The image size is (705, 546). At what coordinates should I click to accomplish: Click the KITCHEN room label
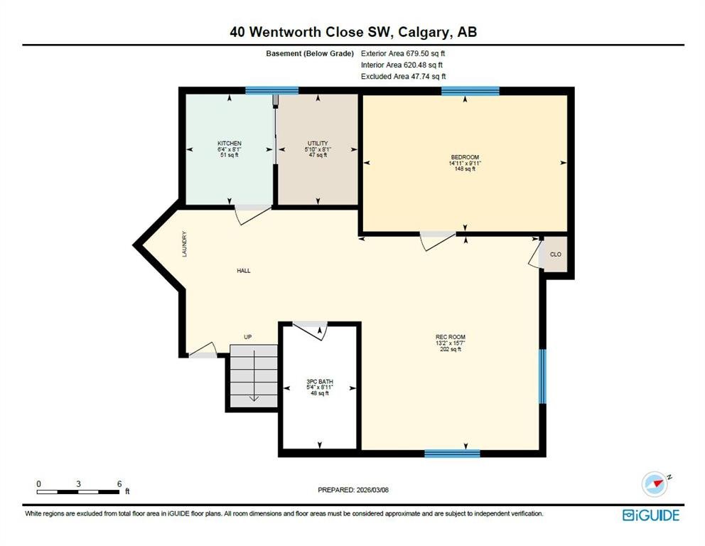tap(230, 144)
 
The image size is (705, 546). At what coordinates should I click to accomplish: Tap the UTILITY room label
tap(318, 144)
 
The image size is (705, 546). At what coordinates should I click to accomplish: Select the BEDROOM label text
tap(465, 157)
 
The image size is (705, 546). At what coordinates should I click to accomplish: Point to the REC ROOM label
tap(451, 337)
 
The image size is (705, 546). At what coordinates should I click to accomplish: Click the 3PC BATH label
tap(320, 381)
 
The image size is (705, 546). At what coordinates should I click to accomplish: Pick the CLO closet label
tap(556, 255)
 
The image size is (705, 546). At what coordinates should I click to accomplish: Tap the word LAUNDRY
tap(184, 245)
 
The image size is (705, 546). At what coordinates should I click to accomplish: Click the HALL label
tap(244, 271)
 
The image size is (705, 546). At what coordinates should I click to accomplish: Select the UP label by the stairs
tap(248, 337)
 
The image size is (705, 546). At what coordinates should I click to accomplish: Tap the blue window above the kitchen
tap(272, 90)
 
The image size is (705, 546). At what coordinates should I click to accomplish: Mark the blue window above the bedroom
tap(470, 91)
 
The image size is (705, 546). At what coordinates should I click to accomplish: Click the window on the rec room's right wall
tap(543, 377)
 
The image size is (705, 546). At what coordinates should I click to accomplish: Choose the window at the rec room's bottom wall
tap(452, 454)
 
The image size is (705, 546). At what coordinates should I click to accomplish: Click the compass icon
tap(655, 484)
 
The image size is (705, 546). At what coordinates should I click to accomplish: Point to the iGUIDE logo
tap(651, 515)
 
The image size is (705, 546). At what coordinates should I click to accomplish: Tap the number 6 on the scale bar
tap(119, 484)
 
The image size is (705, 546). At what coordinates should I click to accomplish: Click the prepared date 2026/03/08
tap(372, 490)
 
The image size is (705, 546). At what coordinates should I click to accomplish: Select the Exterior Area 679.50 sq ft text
tap(403, 53)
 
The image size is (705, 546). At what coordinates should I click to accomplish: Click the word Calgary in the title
tap(423, 33)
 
